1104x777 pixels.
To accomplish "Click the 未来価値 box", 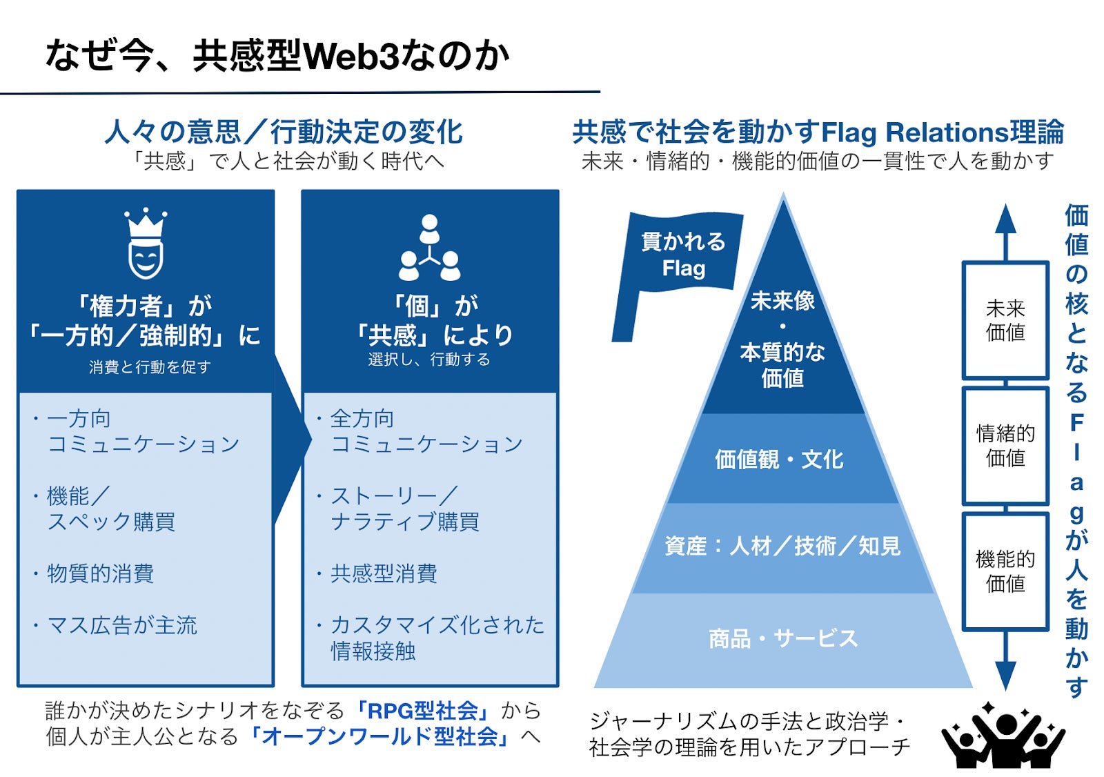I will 1005,320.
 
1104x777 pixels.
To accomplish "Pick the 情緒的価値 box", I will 1005,446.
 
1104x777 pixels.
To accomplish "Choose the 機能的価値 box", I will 1005,571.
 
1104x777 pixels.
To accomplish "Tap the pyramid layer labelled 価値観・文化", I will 779,460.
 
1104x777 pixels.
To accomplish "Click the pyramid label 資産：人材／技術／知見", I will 782,547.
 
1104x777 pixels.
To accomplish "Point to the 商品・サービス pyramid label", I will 783,638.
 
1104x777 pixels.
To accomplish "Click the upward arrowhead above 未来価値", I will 1005,219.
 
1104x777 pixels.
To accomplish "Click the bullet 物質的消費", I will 100,573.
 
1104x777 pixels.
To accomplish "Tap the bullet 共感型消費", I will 384,573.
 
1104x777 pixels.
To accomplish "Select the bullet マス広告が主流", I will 121,625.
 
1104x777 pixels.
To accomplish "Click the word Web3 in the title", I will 351,56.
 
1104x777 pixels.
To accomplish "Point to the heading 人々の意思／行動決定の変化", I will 284,132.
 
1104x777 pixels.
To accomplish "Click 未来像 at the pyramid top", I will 782,301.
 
